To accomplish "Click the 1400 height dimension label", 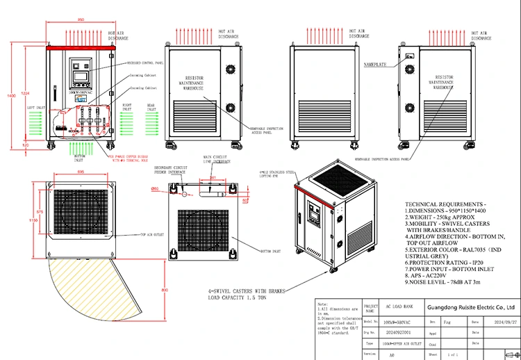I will click(10, 95).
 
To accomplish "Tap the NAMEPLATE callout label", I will click(374, 65).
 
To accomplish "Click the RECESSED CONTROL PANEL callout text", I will click(144, 62).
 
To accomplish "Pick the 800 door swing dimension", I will click(164, 289).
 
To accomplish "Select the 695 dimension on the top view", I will click(81, 171).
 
